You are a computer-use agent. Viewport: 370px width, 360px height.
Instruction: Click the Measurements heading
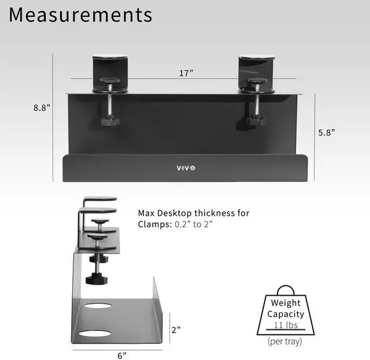point(80,15)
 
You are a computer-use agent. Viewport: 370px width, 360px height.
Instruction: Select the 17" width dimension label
point(186,73)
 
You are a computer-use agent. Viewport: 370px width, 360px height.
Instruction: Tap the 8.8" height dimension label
point(41,107)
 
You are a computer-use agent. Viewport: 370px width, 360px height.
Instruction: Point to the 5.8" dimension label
point(327,132)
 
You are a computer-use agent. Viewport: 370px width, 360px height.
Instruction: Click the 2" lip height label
point(176,329)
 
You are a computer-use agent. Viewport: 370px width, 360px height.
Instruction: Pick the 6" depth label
point(121,355)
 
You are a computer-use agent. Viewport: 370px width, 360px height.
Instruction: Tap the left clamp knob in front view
point(108,121)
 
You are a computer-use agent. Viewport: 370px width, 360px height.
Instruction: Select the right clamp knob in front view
point(254,121)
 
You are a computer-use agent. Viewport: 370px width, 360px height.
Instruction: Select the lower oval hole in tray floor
point(95,333)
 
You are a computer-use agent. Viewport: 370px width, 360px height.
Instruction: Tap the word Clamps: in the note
point(154,225)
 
